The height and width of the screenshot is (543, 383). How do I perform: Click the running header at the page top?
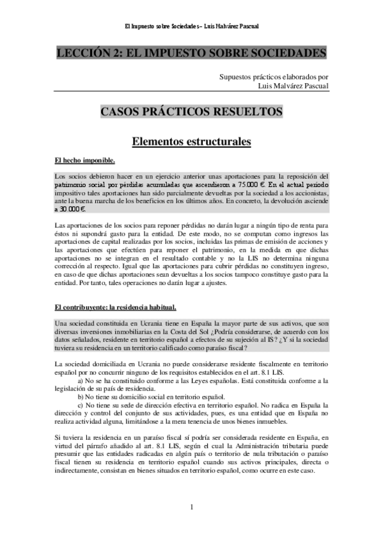pyautogui.click(x=191, y=26)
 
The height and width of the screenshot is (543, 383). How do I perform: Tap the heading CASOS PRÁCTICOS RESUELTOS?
pyautogui.click(x=191, y=111)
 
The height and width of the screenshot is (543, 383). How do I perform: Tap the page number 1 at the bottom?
pyautogui.click(x=191, y=507)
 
